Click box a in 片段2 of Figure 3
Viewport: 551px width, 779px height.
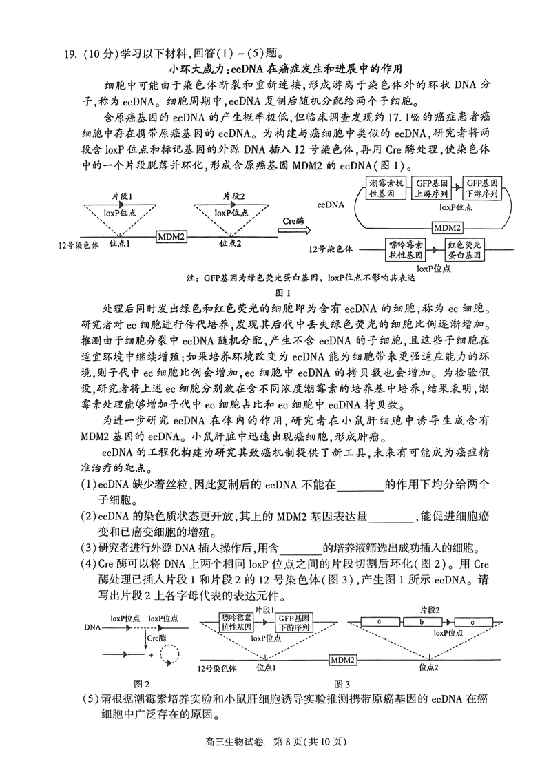[380, 621]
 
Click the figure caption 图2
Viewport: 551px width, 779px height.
[142, 683]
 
